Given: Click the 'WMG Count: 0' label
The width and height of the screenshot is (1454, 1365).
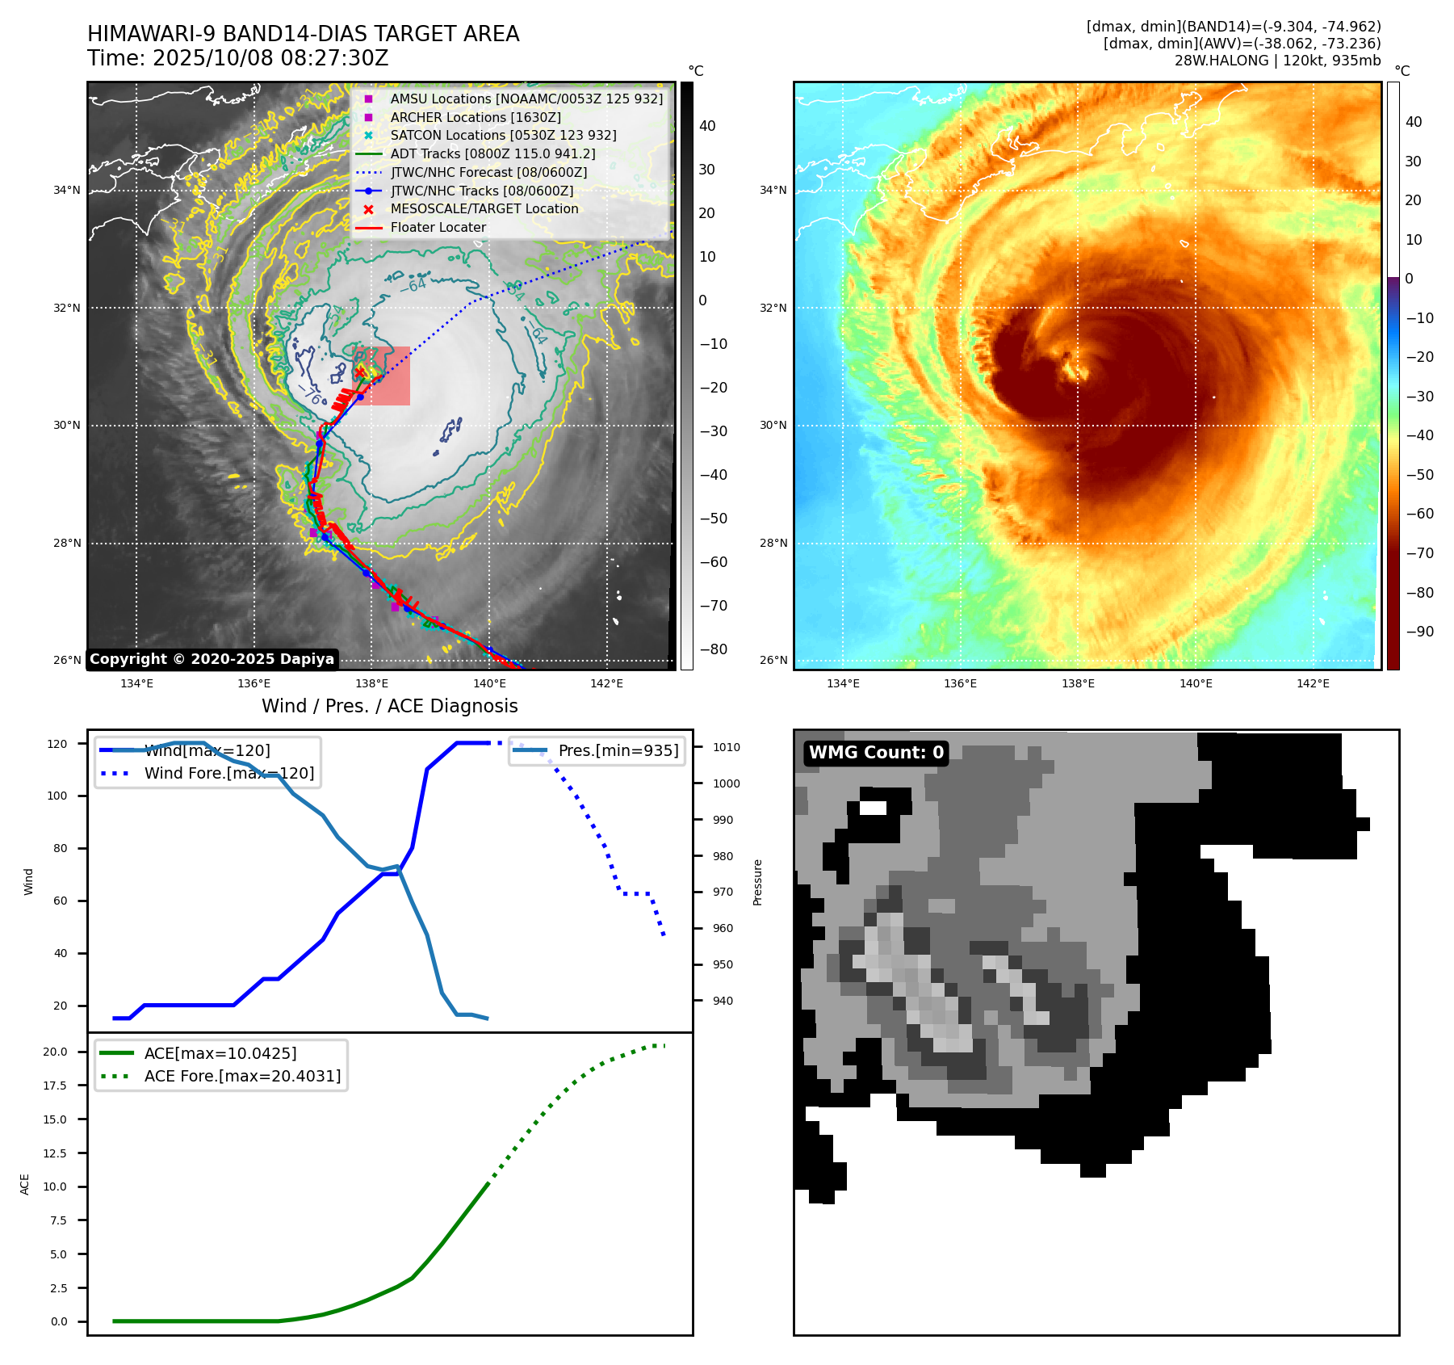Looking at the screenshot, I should (876, 753).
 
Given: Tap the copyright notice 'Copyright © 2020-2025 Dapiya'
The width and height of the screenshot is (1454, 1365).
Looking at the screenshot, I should (212, 659).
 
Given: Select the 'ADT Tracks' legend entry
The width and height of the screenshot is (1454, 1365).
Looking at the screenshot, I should (492, 153).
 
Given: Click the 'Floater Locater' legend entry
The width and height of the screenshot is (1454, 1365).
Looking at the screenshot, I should (438, 228).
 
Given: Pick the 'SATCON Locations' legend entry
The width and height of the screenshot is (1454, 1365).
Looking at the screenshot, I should (503, 135).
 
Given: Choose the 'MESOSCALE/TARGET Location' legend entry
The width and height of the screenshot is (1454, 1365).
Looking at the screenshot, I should (484, 209).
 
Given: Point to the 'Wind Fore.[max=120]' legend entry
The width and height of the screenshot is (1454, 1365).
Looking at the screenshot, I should (229, 773).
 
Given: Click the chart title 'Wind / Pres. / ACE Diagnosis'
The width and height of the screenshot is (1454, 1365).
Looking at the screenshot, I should (390, 706).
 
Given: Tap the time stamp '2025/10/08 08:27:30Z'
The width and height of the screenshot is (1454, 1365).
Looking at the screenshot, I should (270, 58).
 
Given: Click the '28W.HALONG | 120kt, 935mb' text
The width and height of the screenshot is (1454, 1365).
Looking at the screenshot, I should (1277, 61).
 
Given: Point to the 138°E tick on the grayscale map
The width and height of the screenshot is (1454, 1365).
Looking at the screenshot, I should (372, 683).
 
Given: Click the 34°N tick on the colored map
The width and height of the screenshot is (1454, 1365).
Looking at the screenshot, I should (773, 191).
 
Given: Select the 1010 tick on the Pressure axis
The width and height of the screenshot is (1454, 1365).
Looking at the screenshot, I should (726, 747).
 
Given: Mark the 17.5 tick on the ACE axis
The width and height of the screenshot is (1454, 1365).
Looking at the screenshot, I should (55, 1086).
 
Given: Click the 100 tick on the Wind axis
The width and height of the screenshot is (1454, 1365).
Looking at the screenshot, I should (57, 796).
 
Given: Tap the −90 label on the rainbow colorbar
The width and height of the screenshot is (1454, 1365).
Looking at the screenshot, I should (1419, 632).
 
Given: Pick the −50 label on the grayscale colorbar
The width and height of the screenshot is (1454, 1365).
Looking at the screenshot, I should (713, 519).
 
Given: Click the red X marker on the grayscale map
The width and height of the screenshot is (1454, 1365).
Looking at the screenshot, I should (361, 372).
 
